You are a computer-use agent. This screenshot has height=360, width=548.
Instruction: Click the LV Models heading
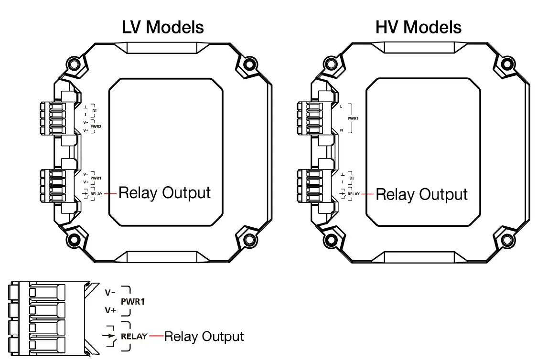pos(163,27)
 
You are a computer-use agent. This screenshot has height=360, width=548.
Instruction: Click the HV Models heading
pos(419,27)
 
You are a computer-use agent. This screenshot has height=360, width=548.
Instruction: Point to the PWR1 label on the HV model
pos(353,118)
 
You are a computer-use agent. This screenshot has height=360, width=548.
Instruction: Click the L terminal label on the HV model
pos(341,106)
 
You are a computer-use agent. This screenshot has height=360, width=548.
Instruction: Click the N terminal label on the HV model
pos(341,130)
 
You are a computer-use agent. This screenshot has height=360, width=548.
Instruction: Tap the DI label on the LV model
pos(95,111)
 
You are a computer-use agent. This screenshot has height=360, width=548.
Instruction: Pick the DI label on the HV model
pos(352,178)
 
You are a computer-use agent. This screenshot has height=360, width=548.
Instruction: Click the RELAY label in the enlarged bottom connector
pos(134,336)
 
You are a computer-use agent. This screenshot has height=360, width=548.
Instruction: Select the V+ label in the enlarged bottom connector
pos(110,310)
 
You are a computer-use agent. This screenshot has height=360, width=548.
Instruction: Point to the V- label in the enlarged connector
pos(110,292)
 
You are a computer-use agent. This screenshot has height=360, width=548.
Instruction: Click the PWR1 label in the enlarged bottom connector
pos(133,302)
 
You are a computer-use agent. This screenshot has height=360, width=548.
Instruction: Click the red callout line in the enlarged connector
pos(156,336)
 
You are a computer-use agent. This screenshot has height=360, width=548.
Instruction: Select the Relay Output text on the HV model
pos(421,194)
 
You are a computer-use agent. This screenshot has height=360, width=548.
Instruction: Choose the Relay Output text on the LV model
pos(164,193)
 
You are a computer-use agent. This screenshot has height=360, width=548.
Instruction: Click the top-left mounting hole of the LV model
pos(73,64)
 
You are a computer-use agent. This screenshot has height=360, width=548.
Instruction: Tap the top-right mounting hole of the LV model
pos(249,64)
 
